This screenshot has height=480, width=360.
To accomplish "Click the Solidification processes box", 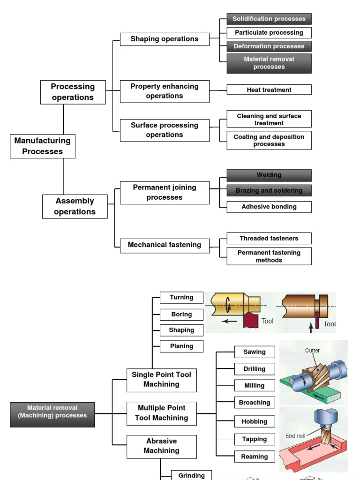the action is tap(269, 19).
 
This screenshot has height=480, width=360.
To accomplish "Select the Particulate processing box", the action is tap(269, 32).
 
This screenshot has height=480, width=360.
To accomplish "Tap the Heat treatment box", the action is tap(269, 90).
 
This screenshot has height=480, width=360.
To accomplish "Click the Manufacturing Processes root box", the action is tap(43, 146).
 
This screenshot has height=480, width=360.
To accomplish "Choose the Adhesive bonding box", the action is tap(269, 207).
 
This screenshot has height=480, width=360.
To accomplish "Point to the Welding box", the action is tap(269, 175).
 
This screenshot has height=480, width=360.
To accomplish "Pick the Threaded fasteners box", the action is tap(269, 238).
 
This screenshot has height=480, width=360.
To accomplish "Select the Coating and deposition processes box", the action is tap(269, 141).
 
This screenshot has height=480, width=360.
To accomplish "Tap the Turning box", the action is tap(181, 297).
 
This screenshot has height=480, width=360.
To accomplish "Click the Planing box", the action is tap(181, 346).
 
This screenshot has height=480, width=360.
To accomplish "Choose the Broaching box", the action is tap(255, 402).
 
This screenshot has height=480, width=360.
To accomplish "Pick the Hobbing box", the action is tap(255, 421).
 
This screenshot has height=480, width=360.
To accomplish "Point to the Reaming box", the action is tap(255, 457).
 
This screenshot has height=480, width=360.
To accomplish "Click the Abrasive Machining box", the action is tap(162, 447).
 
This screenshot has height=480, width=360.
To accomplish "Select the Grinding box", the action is tap(191, 475).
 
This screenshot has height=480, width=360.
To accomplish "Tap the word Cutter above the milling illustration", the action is tap(312, 350).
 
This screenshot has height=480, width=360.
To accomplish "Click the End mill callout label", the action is tap(295, 435).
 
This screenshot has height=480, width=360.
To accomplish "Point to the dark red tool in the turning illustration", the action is tap(251, 320).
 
